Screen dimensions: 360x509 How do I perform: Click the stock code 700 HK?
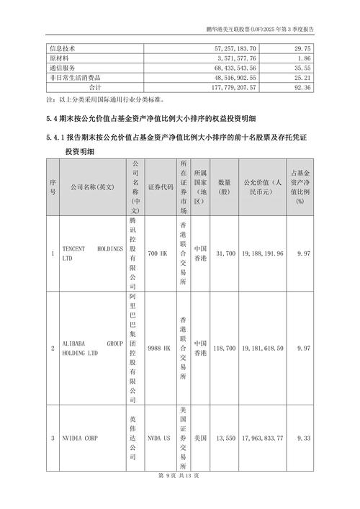(x=156, y=253)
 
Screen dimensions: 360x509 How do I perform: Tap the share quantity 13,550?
(x=225, y=437)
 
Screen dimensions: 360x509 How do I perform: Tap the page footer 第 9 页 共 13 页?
(x=179, y=496)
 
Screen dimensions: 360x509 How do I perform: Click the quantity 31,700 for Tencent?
(x=225, y=253)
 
